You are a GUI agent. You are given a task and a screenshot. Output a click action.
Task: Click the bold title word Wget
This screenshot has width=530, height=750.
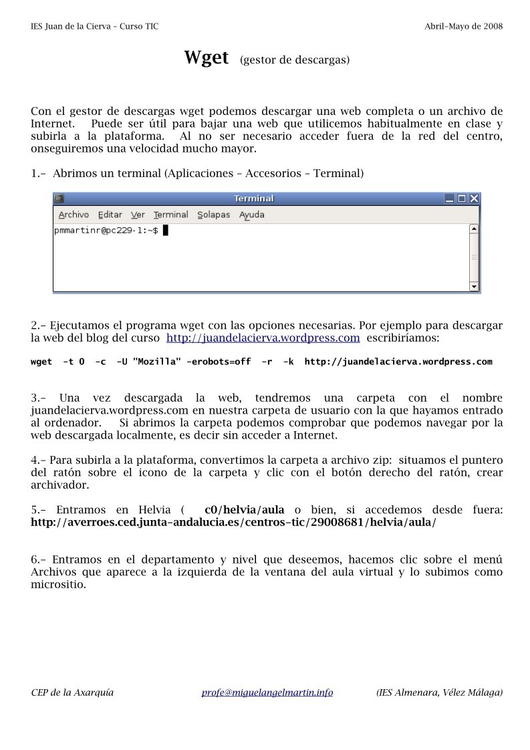(x=207, y=58)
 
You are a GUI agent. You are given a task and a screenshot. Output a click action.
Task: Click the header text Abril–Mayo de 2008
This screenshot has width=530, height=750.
(x=463, y=26)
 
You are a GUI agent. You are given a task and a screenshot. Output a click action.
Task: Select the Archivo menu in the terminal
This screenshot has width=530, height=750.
(x=74, y=215)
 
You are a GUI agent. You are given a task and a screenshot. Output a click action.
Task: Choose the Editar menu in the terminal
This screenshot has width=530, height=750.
(x=110, y=215)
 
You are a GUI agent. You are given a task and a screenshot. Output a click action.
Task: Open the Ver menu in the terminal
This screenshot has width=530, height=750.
(x=138, y=215)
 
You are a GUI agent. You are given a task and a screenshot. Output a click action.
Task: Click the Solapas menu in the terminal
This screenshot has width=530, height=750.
(x=213, y=215)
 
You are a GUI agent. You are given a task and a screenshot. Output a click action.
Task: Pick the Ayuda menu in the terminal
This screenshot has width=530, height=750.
(x=252, y=215)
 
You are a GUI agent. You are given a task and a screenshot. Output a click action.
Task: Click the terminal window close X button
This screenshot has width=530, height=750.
(x=474, y=199)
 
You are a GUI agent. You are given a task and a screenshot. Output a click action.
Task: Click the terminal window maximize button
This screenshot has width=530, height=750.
(x=462, y=199)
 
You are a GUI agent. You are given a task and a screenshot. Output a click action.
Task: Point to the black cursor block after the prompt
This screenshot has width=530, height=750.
(x=166, y=231)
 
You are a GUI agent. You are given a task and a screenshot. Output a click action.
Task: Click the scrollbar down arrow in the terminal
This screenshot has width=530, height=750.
(x=475, y=286)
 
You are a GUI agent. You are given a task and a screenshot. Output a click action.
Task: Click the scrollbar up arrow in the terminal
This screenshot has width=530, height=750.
(x=475, y=229)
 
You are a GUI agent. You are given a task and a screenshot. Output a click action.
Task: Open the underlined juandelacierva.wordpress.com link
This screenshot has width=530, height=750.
(x=263, y=338)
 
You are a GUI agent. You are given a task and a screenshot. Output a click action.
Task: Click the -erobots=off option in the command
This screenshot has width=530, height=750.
(x=219, y=362)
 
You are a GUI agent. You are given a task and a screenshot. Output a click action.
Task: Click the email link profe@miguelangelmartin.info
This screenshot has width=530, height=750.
(x=267, y=693)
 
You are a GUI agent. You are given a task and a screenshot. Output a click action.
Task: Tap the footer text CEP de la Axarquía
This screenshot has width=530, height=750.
(x=72, y=693)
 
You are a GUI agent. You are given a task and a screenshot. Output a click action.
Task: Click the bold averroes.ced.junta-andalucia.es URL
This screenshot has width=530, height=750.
(x=233, y=522)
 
